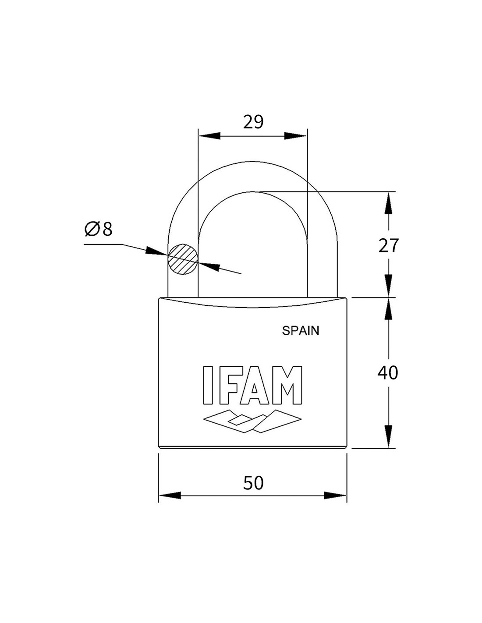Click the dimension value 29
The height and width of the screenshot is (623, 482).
coord(253,122)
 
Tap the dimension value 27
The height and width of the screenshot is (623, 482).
coord(388,245)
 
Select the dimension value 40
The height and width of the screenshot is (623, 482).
coord(388,373)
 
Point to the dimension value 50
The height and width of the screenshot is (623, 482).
coord(253,482)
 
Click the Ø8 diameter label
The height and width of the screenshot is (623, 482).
coord(98,229)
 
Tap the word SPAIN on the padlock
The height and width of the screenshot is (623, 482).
coord(300,331)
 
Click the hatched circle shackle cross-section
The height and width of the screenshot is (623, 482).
coord(183,259)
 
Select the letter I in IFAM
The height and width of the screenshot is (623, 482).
coord(208,385)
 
